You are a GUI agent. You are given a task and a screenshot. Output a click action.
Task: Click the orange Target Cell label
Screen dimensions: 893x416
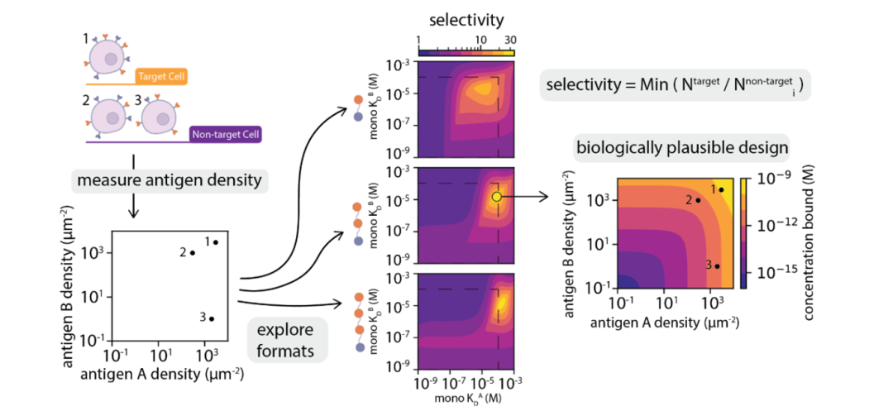click(160, 76)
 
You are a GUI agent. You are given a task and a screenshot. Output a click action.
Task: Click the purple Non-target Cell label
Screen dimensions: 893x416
click(226, 135)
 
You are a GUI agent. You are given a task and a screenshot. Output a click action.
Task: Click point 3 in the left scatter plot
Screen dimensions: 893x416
click(212, 319)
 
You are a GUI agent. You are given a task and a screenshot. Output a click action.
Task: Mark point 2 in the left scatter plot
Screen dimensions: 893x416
click(193, 253)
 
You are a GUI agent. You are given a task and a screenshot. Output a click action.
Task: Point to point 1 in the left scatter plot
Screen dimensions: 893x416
click(215, 242)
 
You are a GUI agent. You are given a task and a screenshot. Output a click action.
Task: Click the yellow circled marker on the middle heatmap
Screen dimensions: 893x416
click(496, 197)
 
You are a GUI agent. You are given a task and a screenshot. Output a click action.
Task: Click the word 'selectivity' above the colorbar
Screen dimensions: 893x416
click(466, 22)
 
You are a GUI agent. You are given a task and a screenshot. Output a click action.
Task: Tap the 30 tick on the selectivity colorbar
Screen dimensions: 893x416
click(509, 41)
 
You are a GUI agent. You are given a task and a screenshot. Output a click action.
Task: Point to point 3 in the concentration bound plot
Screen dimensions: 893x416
click(718, 266)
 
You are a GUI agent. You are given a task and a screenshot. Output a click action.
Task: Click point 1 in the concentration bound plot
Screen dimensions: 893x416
click(721, 189)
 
